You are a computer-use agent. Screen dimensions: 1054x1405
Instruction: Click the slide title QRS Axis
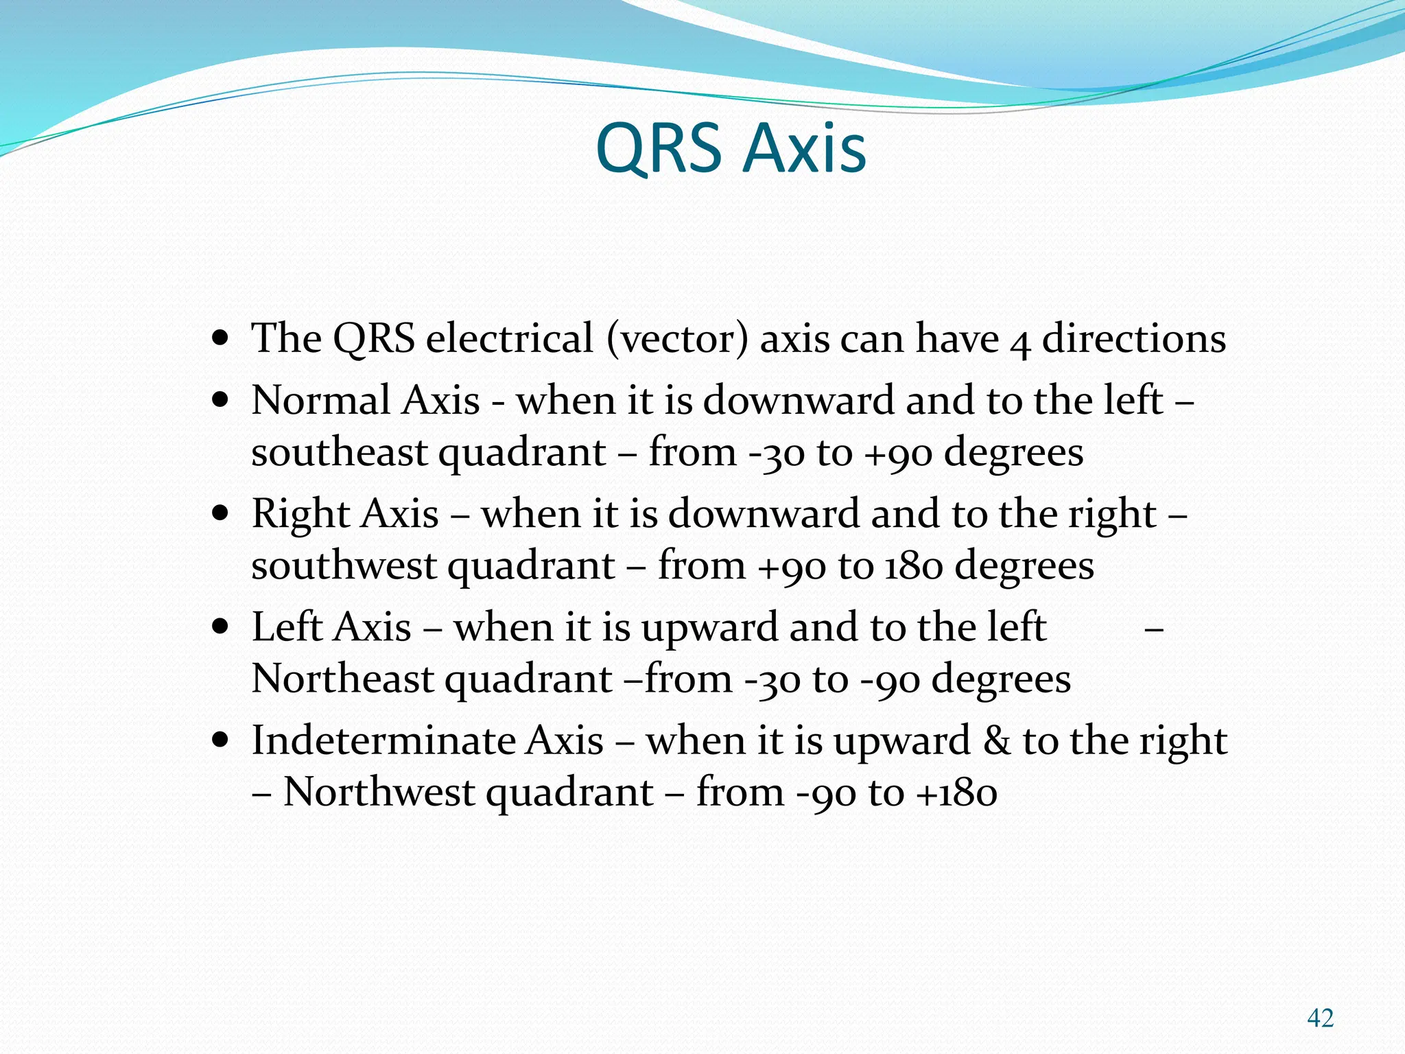point(731,148)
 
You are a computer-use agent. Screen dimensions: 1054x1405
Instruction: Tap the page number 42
point(1320,1018)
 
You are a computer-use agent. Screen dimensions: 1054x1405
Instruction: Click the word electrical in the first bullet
point(509,338)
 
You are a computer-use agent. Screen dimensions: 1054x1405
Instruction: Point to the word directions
point(1133,338)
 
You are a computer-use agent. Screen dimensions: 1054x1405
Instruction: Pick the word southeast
point(340,453)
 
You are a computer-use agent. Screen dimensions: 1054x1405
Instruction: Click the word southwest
point(344,566)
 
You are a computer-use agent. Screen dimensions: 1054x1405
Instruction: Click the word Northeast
point(341,679)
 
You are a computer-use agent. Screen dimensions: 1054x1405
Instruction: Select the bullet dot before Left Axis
point(220,628)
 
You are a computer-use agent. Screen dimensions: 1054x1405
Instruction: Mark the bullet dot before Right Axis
point(220,514)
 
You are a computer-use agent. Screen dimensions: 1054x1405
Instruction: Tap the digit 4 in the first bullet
point(1020,342)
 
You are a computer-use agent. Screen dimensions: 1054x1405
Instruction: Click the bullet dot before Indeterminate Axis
point(220,741)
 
